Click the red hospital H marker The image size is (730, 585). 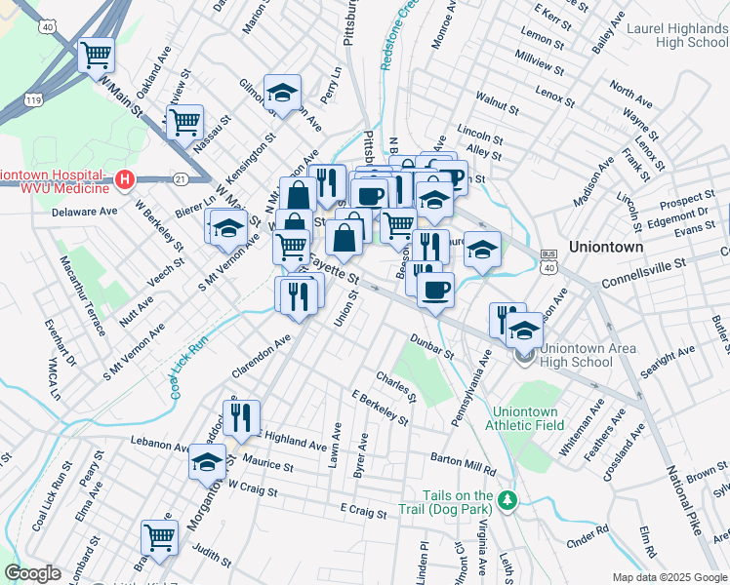tap(124, 179)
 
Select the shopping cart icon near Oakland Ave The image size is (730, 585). tap(95, 55)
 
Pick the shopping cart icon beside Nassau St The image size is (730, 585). tap(183, 123)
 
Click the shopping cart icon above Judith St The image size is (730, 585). tap(158, 536)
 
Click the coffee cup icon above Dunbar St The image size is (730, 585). tap(435, 288)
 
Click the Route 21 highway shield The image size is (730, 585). tap(180, 179)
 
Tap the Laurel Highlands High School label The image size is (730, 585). tap(678, 36)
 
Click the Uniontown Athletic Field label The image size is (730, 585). tap(529, 418)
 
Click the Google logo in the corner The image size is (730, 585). tap(32, 573)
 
